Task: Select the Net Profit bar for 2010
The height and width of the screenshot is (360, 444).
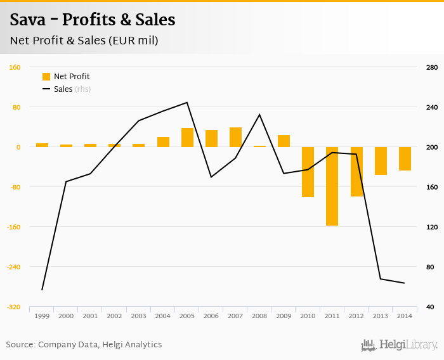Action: (x=308, y=172)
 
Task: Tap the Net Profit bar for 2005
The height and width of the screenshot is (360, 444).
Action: (x=187, y=138)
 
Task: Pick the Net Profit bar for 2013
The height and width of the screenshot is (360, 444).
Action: (x=381, y=160)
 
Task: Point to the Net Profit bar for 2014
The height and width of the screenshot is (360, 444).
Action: (x=405, y=158)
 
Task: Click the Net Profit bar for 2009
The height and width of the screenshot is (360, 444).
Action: (x=284, y=141)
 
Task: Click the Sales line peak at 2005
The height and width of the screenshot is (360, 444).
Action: (x=187, y=103)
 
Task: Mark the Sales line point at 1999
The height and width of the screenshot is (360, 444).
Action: (x=42, y=290)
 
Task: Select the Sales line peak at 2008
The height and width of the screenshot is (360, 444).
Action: (x=259, y=115)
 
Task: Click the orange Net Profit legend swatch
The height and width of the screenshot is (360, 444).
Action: (x=46, y=77)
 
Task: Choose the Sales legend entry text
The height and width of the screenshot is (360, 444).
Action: (x=63, y=89)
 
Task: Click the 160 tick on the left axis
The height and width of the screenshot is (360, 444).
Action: (x=15, y=67)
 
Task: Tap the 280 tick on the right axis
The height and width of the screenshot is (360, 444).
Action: (x=432, y=67)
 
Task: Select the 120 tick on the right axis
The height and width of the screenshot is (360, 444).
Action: (x=432, y=227)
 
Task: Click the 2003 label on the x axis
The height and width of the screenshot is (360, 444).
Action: (x=138, y=316)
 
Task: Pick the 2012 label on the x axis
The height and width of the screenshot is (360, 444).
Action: (x=356, y=316)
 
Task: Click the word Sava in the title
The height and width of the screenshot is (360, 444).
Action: (x=29, y=20)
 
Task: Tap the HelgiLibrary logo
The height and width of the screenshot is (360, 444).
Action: (x=400, y=345)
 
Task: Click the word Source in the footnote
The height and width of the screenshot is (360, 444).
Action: (x=20, y=345)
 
